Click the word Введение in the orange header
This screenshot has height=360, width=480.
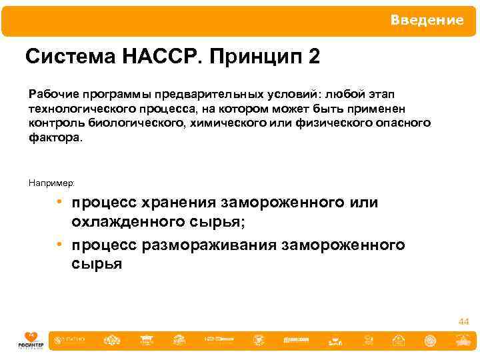pyautogui.click(x=427, y=20)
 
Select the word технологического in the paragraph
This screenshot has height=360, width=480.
pyautogui.click(x=74, y=109)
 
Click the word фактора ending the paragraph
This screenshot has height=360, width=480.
pyautogui.click(x=55, y=138)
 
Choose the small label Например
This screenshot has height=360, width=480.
pyautogui.click(x=51, y=183)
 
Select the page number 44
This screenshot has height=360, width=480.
pyautogui.click(x=463, y=322)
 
